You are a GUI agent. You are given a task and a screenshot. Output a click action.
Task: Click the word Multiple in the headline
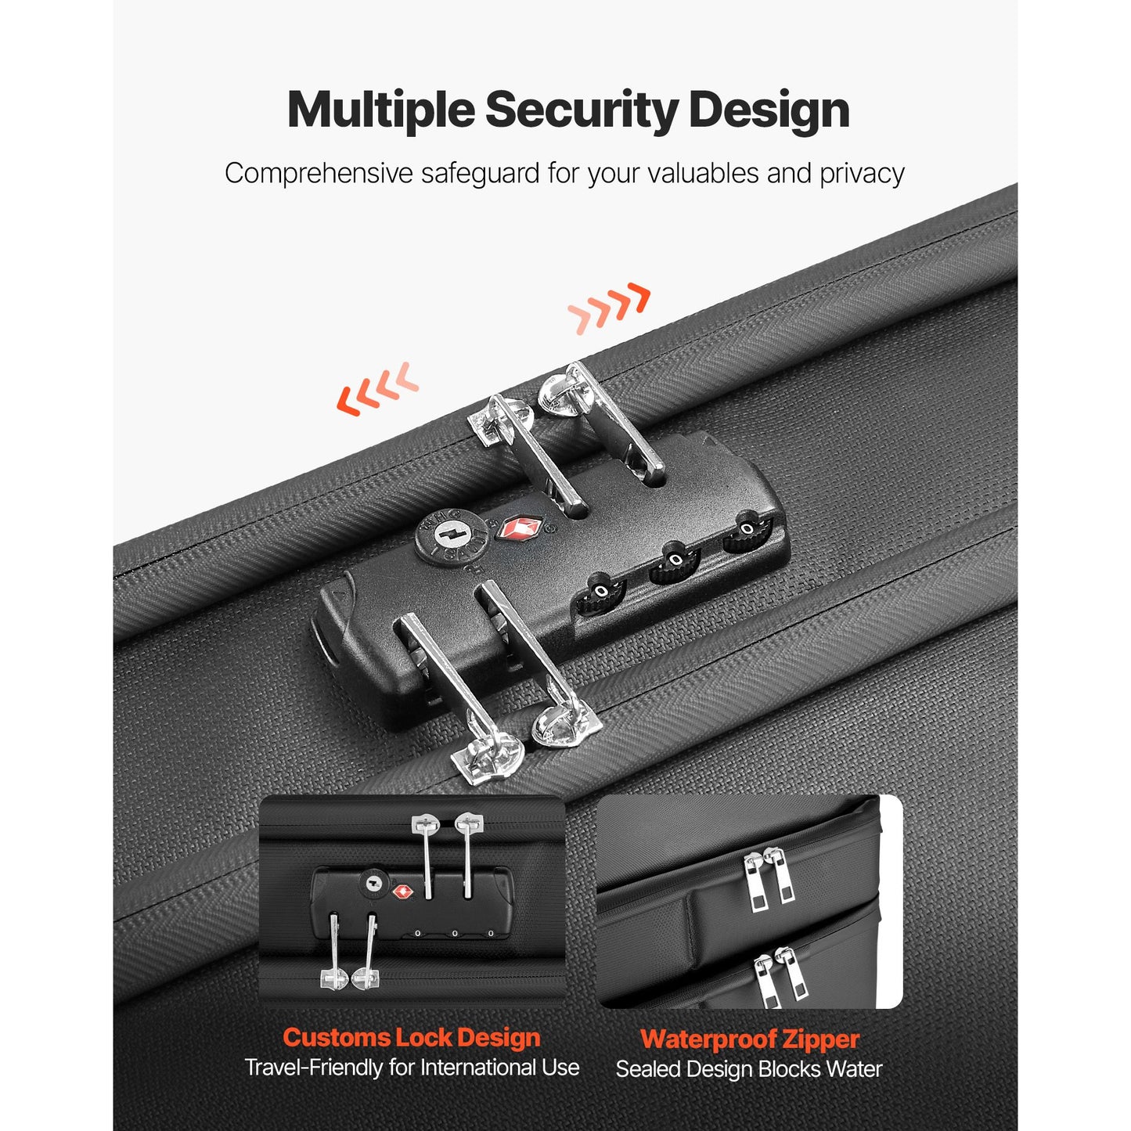[381, 110]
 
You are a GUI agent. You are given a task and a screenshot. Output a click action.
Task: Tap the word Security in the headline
[582, 110]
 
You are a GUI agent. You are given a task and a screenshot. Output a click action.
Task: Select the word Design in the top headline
[769, 110]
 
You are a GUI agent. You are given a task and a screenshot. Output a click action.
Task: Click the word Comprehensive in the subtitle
[319, 174]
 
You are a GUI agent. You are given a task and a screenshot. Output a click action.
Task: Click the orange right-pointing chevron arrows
[609, 308]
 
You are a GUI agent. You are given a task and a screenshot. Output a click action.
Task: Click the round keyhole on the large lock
[452, 536]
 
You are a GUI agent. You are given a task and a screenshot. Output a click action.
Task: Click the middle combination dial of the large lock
[674, 562]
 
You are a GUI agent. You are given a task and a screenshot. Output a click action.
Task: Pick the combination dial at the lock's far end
[746, 531]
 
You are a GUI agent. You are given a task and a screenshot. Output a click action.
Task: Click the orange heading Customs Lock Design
[412, 1037]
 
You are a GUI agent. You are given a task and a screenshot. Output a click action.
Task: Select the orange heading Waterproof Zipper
[750, 1039]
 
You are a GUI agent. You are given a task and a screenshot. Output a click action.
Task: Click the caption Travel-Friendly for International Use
[412, 1068]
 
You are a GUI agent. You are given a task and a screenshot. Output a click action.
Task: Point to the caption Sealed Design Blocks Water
[749, 1069]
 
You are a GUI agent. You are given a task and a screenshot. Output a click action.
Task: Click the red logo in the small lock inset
[402, 892]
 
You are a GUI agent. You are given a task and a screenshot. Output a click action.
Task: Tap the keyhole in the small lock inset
[374, 884]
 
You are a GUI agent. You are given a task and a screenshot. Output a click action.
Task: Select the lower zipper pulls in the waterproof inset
[782, 973]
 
